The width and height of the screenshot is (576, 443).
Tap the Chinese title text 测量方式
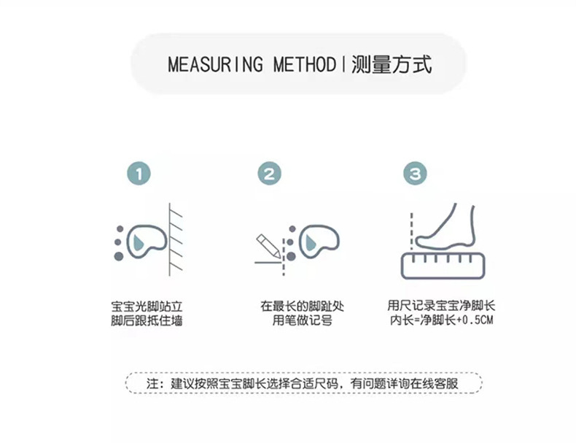[x=391, y=64]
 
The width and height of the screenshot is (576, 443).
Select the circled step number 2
[x=270, y=174]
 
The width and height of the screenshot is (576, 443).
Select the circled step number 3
[x=416, y=174]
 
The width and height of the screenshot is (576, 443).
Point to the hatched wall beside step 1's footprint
[x=175, y=239]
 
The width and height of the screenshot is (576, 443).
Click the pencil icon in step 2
[x=265, y=246]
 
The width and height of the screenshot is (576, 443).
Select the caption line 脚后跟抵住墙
[x=147, y=320]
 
